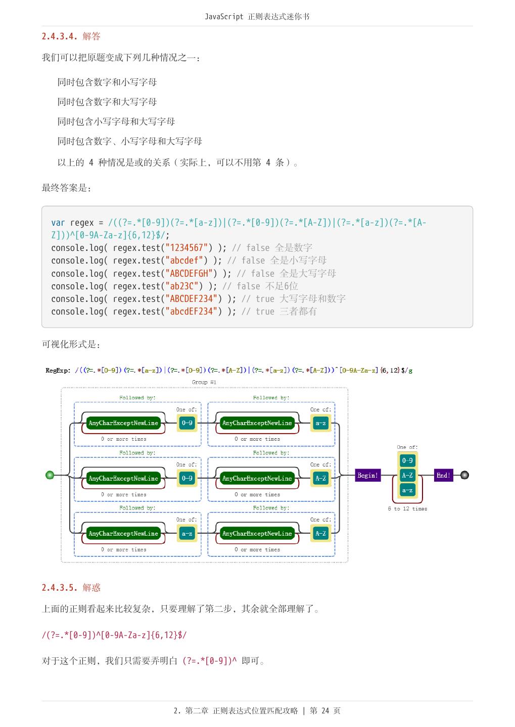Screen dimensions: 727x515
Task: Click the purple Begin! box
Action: coord(367,475)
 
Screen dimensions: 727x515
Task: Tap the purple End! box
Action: coord(443,475)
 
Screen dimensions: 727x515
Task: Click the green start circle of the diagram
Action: coord(50,475)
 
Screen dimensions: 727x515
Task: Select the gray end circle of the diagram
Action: coord(464,475)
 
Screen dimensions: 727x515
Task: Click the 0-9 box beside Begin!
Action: coord(407,460)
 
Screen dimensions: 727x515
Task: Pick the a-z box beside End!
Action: coord(407,490)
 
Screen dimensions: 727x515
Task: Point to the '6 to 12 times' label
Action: coord(407,509)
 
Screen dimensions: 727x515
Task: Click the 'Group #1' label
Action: coord(204,382)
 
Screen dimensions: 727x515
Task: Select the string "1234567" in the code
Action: coord(186,248)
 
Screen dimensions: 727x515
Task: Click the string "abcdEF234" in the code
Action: coord(192,311)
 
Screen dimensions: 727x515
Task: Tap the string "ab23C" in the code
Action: coord(182,286)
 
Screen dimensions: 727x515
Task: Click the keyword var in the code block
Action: coord(58,223)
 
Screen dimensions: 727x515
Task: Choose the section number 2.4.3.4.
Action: coord(59,36)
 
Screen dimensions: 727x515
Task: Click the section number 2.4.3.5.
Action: coord(59,588)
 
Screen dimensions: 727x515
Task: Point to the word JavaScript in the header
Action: coord(224,17)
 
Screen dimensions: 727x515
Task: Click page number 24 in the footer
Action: coord(325,711)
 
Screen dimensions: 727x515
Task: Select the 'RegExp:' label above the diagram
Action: coord(58,371)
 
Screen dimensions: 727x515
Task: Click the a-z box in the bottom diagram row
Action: coord(187,534)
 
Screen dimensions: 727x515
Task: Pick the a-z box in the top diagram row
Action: coord(321,423)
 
